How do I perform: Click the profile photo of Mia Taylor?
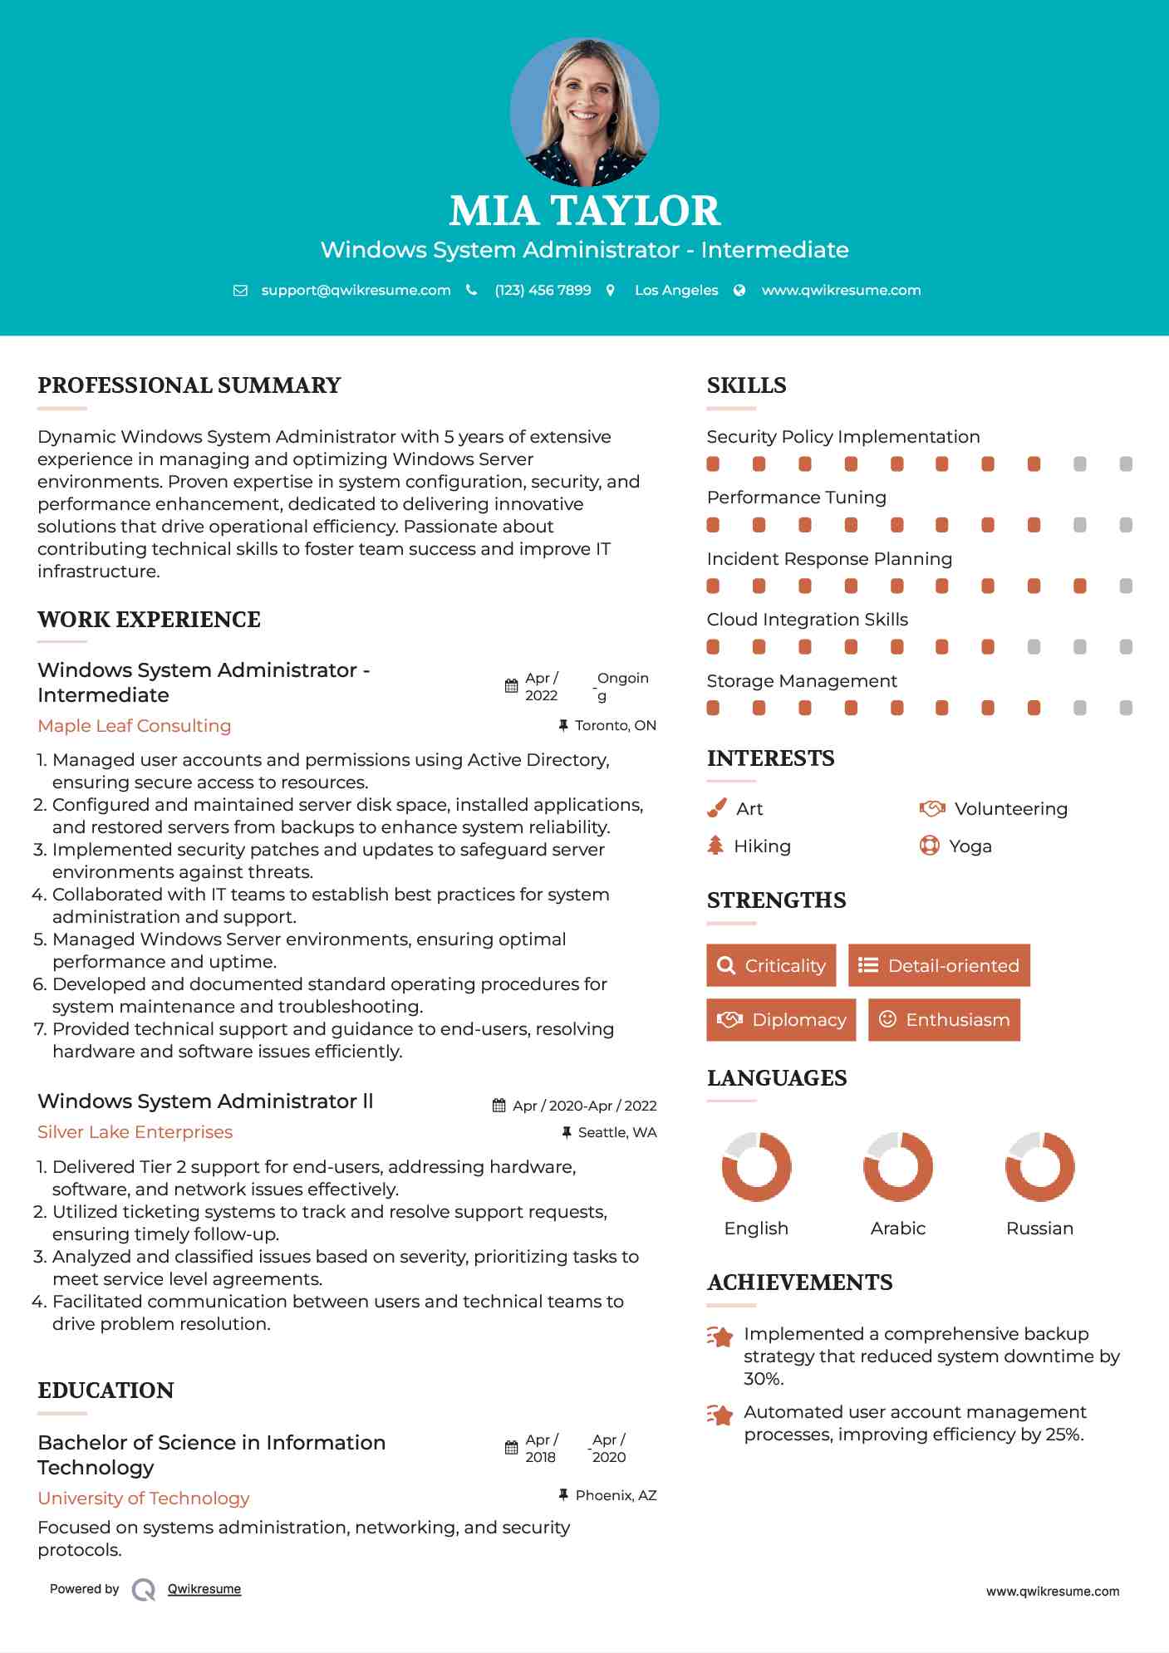pyautogui.click(x=584, y=111)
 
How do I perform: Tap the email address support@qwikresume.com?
pyautogui.click(x=356, y=290)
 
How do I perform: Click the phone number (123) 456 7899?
pyautogui.click(x=543, y=290)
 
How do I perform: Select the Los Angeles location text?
pyautogui.click(x=676, y=290)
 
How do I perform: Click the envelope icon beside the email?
pyautogui.click(x=240, y=291)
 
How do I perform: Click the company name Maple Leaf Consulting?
pyautogui.click(x=135, y=725)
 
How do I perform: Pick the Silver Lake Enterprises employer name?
pyautogui.click(x=135, y=1131)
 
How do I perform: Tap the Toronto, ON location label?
pyautogui.click(x=615, y=725)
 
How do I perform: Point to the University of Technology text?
pyautogui.click(x=144, y=1498)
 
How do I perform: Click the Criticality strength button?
pyautogui.click(x=771, y=965)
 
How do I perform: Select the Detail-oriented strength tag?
pyautogui.click(x=939, y=965)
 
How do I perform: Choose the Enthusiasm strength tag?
pyautogui.click(x=944, y=1019)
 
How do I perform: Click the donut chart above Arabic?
pyautogui.click(x=897, y=1166)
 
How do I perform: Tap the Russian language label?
pyautogui.click(x=1039, y=1228)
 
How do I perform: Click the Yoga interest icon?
pyautogui.click(x=930, y=846)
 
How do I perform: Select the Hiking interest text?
pyautogui.click(x=762, y=846)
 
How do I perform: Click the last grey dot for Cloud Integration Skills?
pyautogui.click(x=1126, y=646)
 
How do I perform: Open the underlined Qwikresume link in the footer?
pyautogui.click(x=204, y=1588)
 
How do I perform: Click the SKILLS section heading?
pyautogui.click(x=746, y=385)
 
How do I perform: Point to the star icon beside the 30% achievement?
pyautogui.click(x=720, y=1337)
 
